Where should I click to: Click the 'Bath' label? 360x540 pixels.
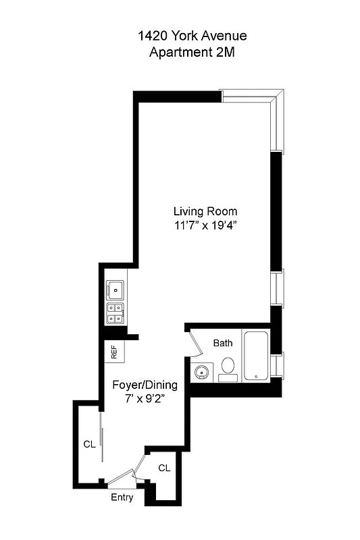[x=223, y=343]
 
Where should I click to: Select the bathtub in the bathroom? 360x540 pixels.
[x=256, y=356]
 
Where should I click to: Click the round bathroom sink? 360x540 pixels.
[x=201, y=371]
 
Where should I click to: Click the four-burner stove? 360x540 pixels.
[x=115, y=314]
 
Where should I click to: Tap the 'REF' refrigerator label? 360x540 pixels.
[x=114, y=351]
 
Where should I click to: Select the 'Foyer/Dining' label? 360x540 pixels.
[x=145, y=385]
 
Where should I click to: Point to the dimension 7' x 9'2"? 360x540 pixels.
[x=145, y=399]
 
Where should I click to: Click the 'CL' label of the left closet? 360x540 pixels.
[x=89, y=444]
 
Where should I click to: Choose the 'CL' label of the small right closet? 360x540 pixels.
[x=164, y=467]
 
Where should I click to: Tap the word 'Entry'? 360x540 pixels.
[x=122, y=498]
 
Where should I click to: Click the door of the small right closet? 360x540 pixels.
[x=142, y=466]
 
